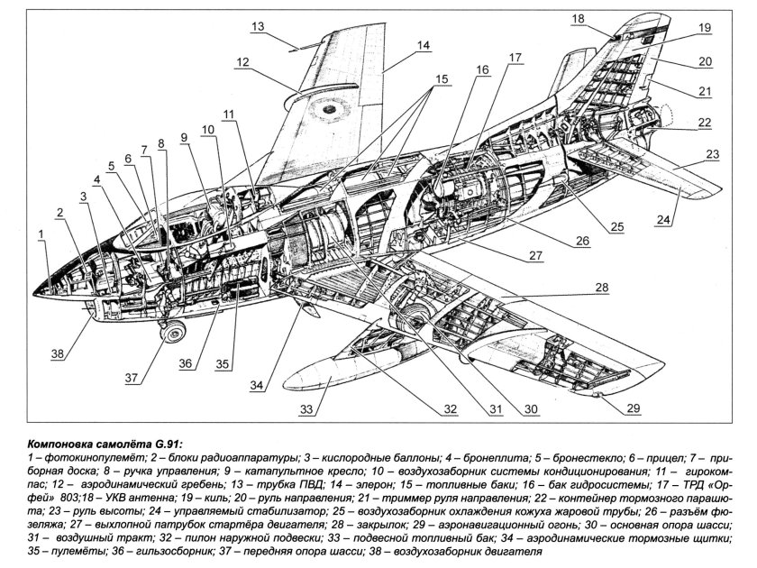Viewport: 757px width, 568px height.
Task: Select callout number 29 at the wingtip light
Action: pos(634,409)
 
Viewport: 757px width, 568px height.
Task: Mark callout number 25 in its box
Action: pos(615,224)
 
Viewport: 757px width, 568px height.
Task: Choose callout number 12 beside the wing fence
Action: pos(242,62)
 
